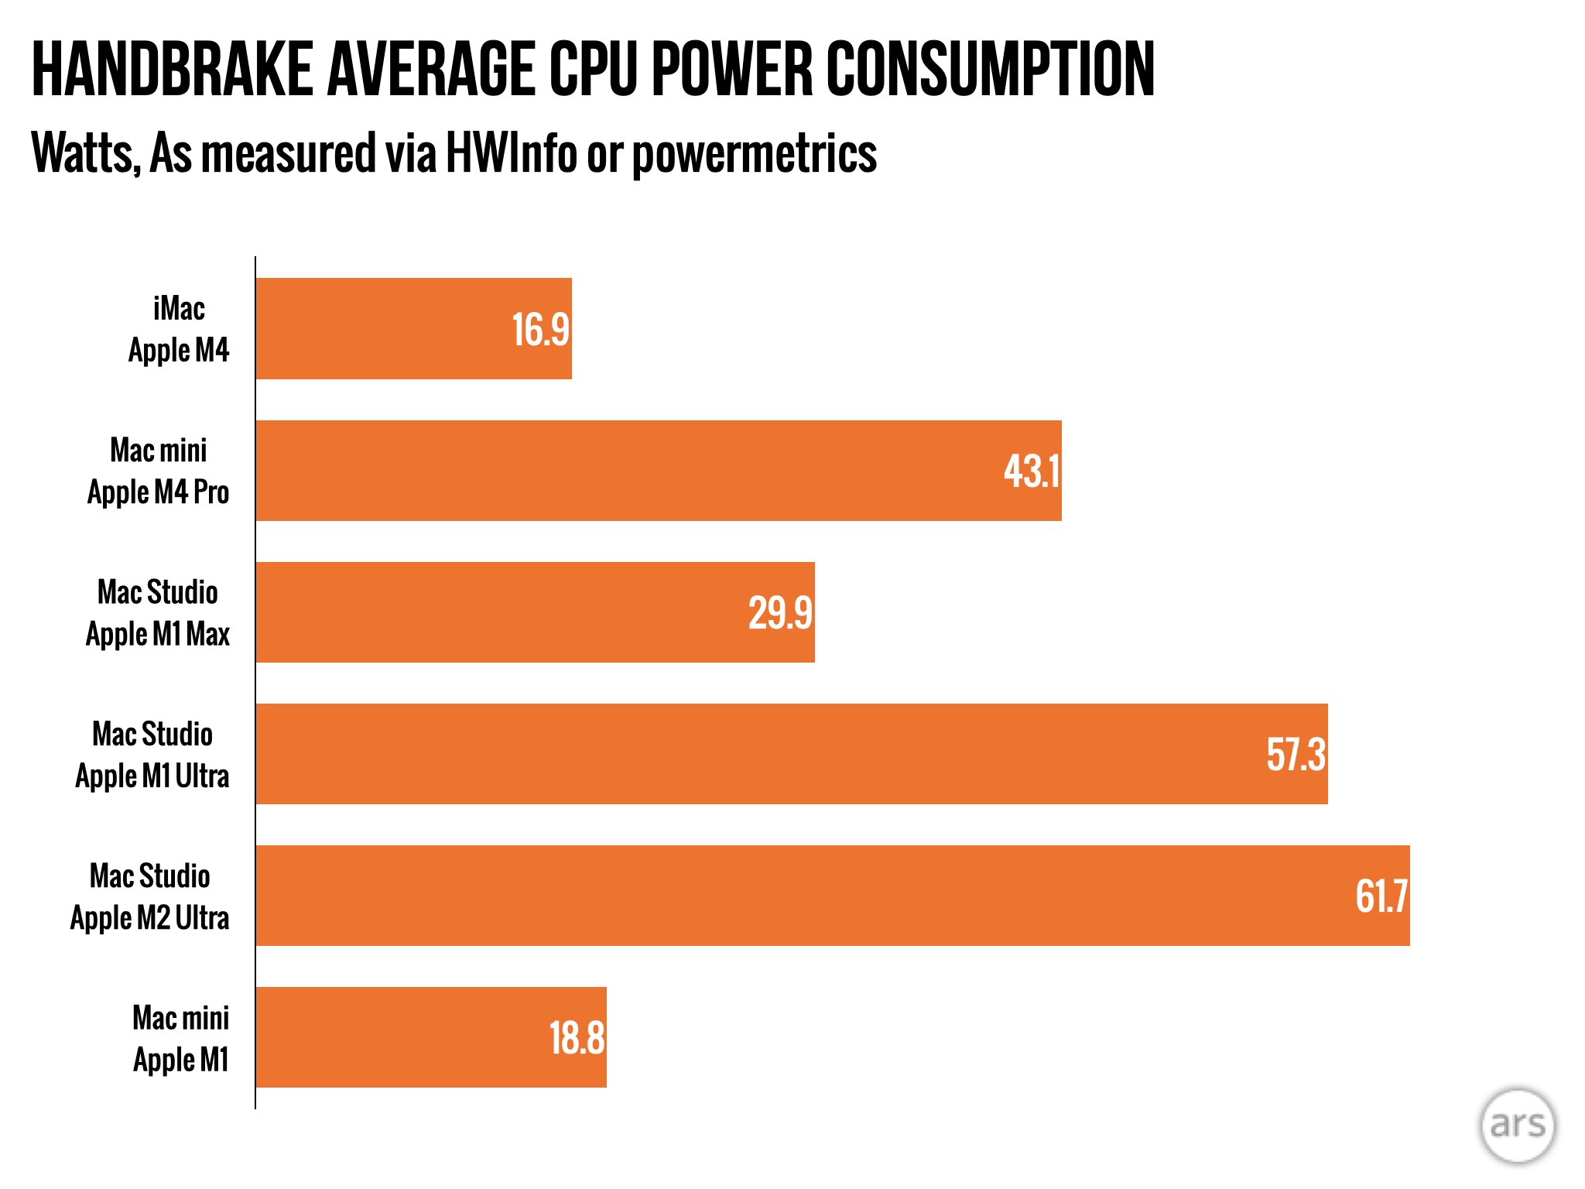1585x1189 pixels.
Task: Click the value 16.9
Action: [540, 330]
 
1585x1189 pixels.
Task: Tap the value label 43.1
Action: [1031, 471]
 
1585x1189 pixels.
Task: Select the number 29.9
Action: [780, 613]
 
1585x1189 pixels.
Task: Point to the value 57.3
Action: [1296, 755]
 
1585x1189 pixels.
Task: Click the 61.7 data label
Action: [1381, 896]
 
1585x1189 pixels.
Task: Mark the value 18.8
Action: [577, 1038]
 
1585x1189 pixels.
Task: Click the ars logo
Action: [1517, 1126]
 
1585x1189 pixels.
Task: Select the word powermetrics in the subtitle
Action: [755, 154]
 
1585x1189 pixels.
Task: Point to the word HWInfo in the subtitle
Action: [511, 152]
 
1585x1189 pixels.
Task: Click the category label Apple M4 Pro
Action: [159, 492]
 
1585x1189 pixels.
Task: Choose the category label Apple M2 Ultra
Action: [150, 918]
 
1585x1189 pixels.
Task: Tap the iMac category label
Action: [179, 309]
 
